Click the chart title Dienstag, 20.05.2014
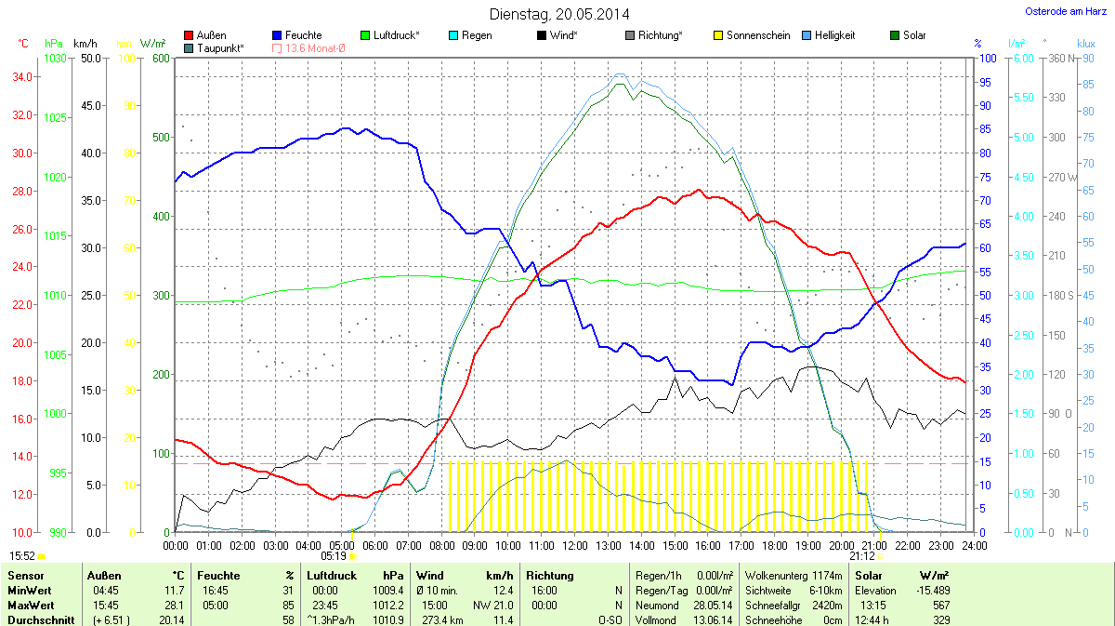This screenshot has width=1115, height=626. tap(558, 14)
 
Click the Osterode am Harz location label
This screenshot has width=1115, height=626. tap(1059, 11)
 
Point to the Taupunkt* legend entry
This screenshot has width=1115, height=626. tap(219, 48)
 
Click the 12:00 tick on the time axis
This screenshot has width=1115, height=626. tap(574, 544)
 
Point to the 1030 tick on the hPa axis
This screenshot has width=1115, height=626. tap(55, 59)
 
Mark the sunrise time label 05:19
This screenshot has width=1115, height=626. tap(333, 556)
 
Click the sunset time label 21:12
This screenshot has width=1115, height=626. tap(861, 556)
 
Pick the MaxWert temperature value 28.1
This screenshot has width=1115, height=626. tap(174, 605)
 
